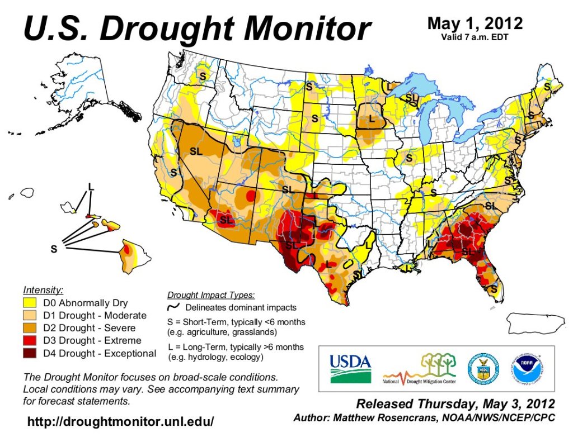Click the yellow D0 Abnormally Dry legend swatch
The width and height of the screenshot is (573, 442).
pos(31,303)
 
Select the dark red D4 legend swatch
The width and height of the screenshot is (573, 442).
pos(31,353)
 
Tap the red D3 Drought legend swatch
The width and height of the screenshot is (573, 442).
pos(31,340)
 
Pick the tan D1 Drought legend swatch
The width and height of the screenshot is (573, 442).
pos(31,316)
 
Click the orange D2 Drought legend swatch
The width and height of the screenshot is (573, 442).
pos(31,328)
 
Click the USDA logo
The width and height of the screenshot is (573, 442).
pos(350,368)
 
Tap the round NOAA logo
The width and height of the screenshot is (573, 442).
pos(527,368)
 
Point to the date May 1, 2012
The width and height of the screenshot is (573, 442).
pos(475,23)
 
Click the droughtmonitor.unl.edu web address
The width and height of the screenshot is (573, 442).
pos(120,421)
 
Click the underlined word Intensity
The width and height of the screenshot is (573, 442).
pos(43,290)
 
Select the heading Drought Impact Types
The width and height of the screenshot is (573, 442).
pos(212,295)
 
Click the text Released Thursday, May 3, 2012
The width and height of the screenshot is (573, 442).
pos(455,403)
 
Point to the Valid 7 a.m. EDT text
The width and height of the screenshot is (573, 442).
pos(475,37)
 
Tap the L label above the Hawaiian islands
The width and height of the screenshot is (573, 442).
pos(91,186)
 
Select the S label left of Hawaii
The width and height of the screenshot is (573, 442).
pos(54,249)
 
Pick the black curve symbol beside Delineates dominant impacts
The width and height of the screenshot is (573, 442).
pos(175,307)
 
